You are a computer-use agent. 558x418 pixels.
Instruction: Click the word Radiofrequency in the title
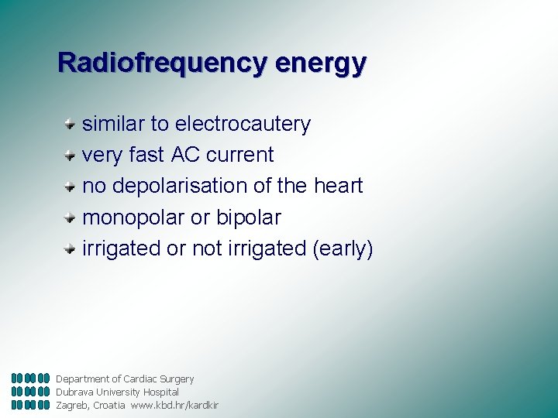[x=160, y=62]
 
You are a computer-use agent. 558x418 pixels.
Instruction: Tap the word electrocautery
[x=243, y=124]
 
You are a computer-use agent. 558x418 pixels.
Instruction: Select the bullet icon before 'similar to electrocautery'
[x=70, y=122]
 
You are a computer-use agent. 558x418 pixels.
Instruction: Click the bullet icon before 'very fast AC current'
[x=70, y=153]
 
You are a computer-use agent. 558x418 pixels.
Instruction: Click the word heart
[x=338, y=186]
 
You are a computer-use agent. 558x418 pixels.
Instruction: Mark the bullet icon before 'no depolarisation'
[x=70, y=185]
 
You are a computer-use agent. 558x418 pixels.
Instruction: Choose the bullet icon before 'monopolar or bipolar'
[x=70, y=217]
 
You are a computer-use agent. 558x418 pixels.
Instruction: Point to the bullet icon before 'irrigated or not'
[x=70, y=248]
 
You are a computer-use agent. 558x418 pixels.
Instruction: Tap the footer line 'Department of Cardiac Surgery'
[x=125, y=379]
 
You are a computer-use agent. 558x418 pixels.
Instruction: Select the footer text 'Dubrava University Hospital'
[x=117, y=392]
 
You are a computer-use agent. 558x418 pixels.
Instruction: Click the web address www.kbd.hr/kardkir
[x=174, y=406]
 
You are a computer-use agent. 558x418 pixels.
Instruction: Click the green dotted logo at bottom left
[x=31, y=392]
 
